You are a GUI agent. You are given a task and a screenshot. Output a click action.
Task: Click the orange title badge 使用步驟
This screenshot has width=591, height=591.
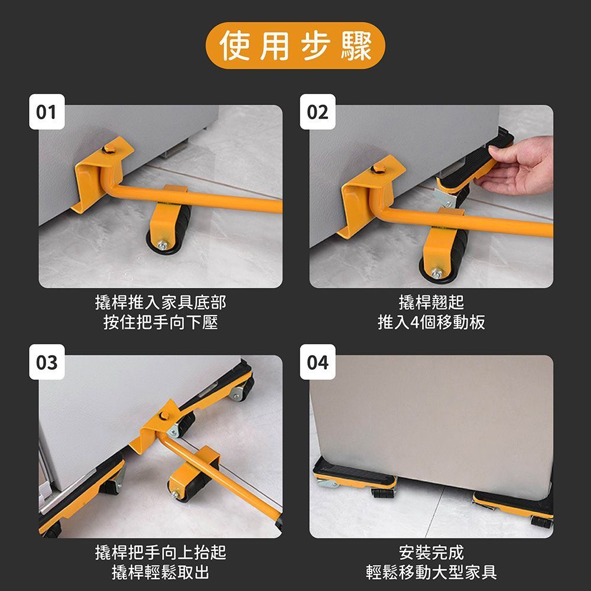(295, 46)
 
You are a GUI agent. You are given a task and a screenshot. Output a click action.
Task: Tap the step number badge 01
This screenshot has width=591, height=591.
(47, 112)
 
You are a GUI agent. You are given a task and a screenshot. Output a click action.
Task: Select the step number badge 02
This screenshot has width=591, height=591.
(317, 112)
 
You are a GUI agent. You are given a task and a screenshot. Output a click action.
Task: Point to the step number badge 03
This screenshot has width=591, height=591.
(47, 362)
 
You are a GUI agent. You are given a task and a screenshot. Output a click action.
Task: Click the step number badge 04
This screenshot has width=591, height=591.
(317, 362)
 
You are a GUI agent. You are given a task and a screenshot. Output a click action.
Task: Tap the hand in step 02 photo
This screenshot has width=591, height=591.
(517, 166)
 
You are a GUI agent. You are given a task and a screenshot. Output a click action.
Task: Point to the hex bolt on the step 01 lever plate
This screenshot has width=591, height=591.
(110, 148)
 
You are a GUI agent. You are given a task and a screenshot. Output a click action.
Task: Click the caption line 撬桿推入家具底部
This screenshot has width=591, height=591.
(161, 302)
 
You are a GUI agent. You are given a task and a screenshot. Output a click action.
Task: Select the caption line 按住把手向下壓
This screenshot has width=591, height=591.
(161, 322)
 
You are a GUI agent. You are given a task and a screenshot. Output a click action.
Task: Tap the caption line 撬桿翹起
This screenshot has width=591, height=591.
(431, 302)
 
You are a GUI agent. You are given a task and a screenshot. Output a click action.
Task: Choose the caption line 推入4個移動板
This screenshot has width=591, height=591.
(431, 322)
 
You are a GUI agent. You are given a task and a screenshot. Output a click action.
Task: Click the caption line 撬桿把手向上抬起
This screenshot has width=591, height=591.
(161, 553)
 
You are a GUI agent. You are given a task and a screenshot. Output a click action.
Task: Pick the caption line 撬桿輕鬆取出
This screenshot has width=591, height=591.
(161, 573)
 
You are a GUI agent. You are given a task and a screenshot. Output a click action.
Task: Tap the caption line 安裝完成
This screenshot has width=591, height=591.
(431, 553)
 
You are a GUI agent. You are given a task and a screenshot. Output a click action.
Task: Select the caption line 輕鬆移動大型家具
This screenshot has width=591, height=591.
(431, 573)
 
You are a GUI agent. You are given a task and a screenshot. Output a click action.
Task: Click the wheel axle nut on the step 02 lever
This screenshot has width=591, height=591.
(437, 272)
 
